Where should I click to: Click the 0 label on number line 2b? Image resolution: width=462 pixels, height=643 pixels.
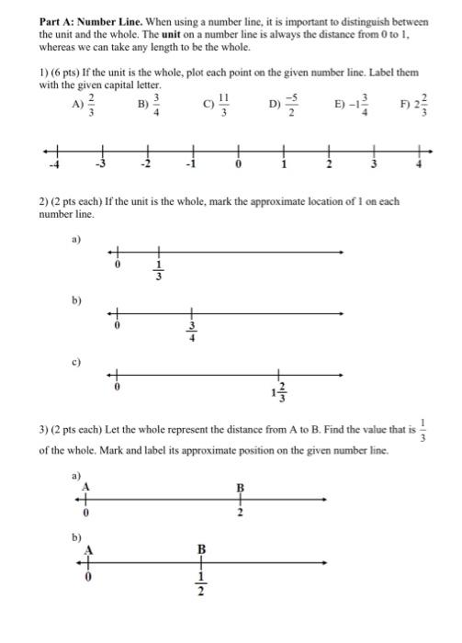(x=117, y=324)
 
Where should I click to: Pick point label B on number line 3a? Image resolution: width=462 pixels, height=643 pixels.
(x=241, y=487)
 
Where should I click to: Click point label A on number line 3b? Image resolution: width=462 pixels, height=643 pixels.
(x=88, y=549)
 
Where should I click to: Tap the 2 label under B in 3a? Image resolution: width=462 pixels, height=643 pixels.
(x=241, y=513)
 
